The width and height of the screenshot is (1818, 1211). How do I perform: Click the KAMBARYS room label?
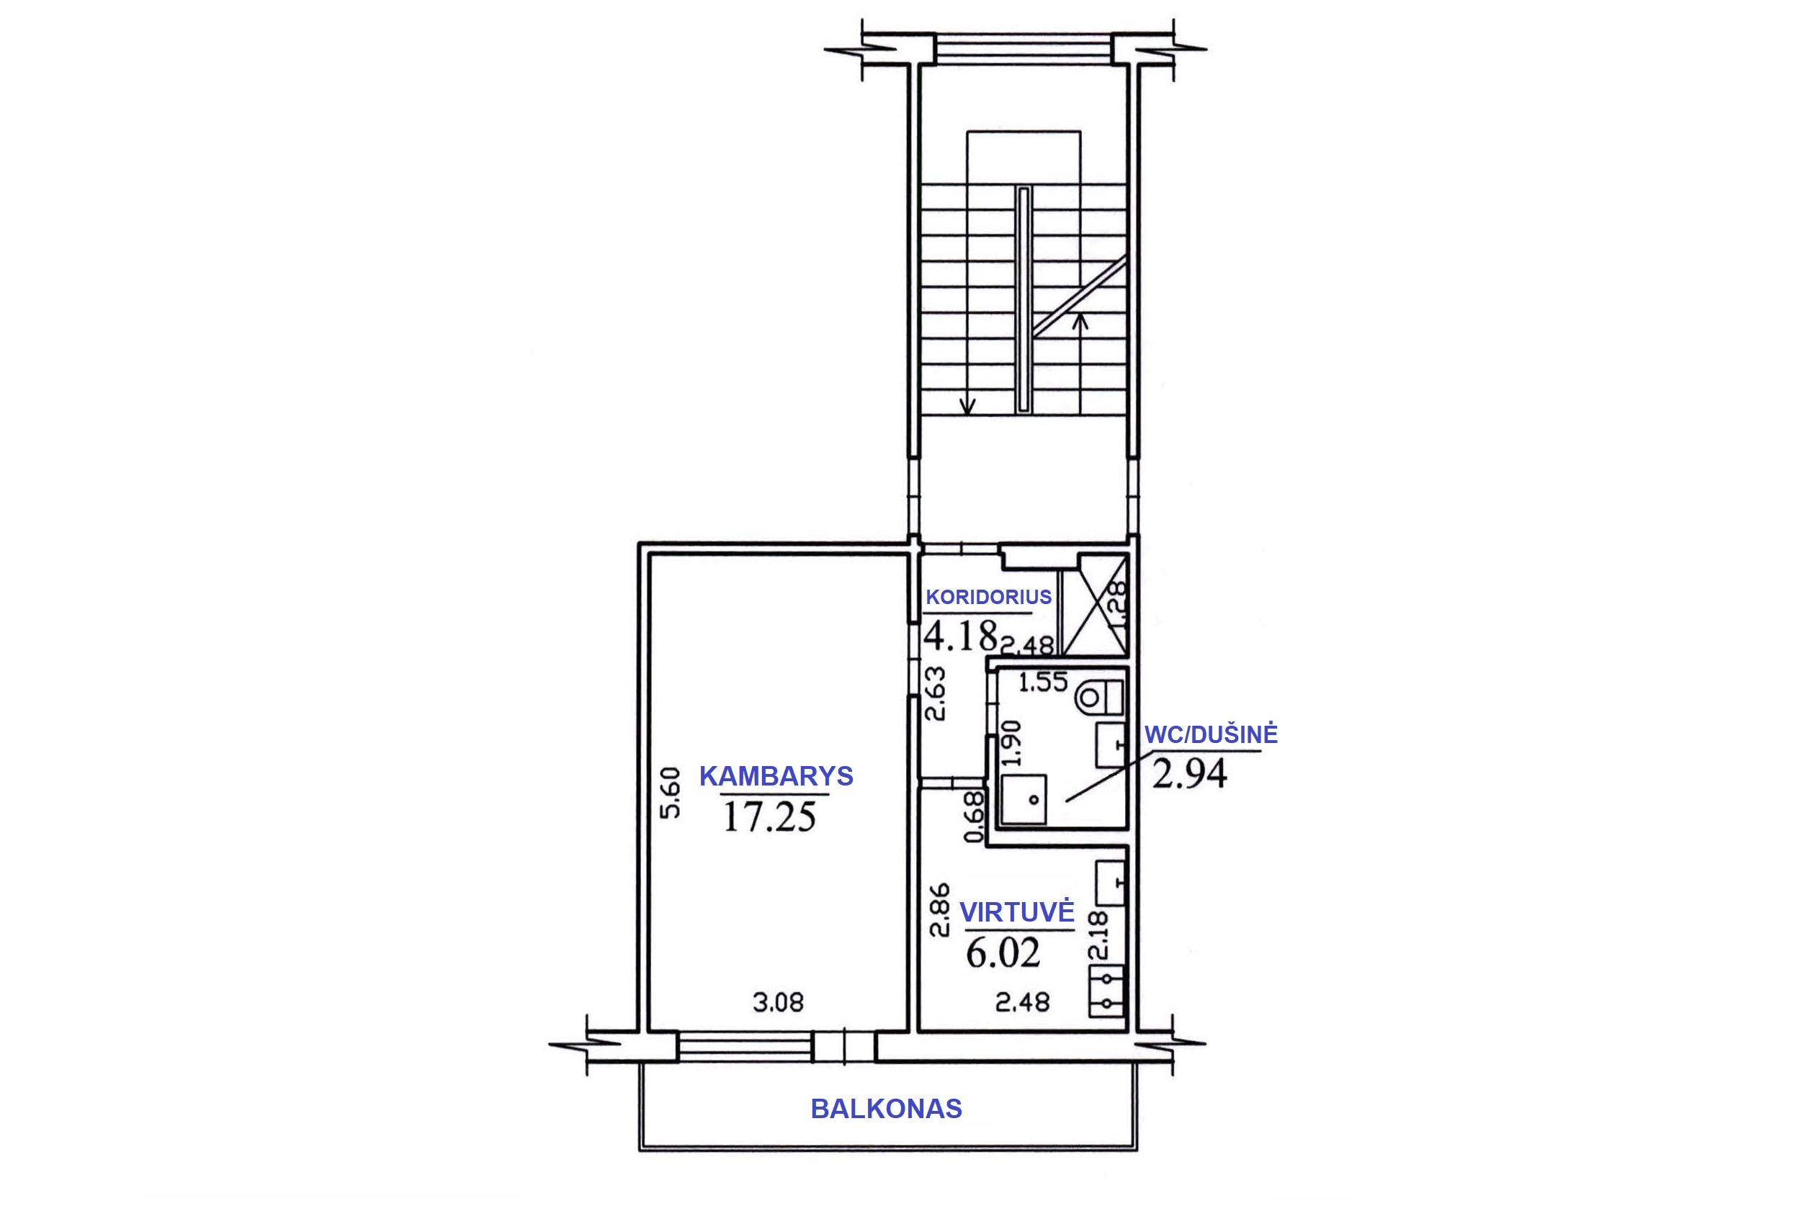[776, 775]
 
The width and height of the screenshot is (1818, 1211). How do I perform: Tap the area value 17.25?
[769, 817]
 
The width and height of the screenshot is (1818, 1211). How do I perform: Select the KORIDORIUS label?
[988, 597]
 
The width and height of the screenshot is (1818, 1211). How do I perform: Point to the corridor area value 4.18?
[960, 636]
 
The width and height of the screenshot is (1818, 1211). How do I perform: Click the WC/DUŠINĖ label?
[1211, 734]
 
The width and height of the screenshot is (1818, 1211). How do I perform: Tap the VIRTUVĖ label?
[1017, 912]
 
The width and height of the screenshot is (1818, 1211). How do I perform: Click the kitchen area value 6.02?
[1003, 953]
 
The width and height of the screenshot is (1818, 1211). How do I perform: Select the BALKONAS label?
[886, 1109]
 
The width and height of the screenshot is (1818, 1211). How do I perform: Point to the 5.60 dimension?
[670, 793]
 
